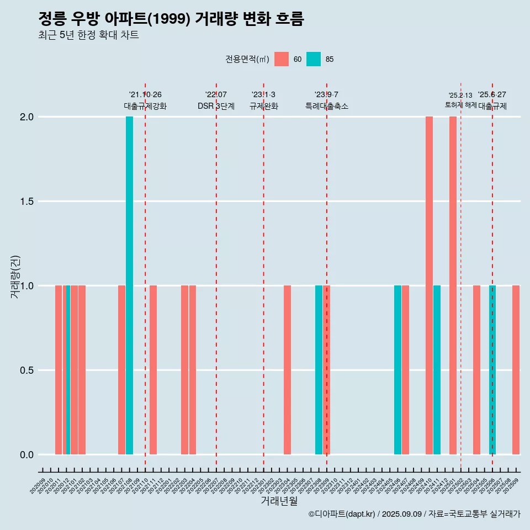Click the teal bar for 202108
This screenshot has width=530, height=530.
(129, 285)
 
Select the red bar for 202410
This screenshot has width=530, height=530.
(429, 285)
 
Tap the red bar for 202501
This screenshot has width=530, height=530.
(453, 285)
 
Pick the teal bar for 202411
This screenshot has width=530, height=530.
(437, 370)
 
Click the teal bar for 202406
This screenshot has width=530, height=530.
(397, 370)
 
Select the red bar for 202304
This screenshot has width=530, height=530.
(287, 370)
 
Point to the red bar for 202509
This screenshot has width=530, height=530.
(516, 370)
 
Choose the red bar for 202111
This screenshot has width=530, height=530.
(153, 370)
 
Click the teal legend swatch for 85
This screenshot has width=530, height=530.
(314, 59)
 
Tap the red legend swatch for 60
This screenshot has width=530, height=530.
(282, 59)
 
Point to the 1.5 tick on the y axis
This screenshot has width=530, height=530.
(26, 202)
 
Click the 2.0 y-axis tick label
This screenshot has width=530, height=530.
(26, 117)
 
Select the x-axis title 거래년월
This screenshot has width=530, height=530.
(279, 501)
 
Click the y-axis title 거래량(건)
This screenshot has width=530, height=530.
(15, 276)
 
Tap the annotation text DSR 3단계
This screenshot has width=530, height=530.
(216, 106)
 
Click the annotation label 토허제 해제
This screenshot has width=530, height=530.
(460, 105)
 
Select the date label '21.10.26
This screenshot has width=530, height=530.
(145, 95)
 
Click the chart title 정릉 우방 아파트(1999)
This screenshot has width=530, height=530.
(171, 19)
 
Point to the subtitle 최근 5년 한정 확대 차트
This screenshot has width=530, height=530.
(88, 35)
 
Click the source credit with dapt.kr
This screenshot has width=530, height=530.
(414, 514)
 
